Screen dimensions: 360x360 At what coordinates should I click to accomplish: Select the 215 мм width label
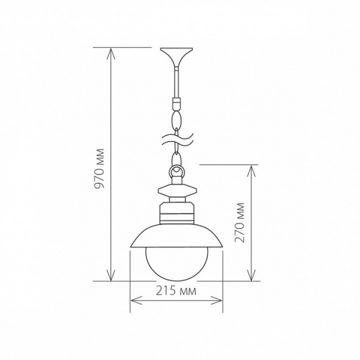click(x=176, y=292)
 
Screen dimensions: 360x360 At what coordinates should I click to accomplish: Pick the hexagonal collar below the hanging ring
click(x=176, y=192)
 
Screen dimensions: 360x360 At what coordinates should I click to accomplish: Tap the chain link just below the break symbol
click(x=176, y=158)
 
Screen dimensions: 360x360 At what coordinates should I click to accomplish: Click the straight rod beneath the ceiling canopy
click(x=176, y=81)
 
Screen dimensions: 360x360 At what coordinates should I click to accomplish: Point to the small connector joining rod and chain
click(x=176, y=103)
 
